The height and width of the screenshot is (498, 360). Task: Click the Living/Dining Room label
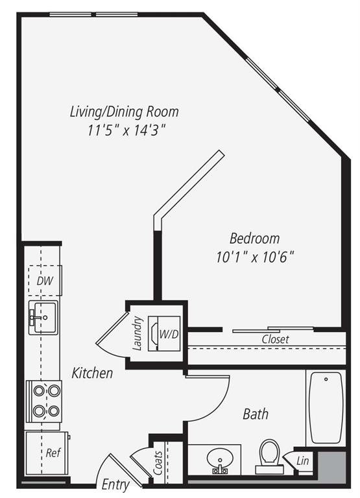click(x=124, y=112)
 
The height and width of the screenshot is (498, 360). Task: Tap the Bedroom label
click(x=255, y=238)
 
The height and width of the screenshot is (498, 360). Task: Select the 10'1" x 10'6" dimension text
click(x=255, y=256)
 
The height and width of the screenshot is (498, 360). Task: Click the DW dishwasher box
click(x=45, y=281)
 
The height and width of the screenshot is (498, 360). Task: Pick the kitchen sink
click(x=43, y=317)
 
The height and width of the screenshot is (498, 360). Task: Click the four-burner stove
click(x=43, y=400)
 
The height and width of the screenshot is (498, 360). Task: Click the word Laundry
click(x=138, y=333)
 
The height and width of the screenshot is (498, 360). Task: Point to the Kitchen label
click(x=92, y=373)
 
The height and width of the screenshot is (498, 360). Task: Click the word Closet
click(x=275, y=339)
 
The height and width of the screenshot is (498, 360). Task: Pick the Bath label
click(x=256, y=414)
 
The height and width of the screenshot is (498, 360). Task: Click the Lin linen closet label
click(x=302, y=461)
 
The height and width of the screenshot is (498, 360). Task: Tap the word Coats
click(x=158, y=462)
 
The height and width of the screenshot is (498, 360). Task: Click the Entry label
click(x=116, y=484)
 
